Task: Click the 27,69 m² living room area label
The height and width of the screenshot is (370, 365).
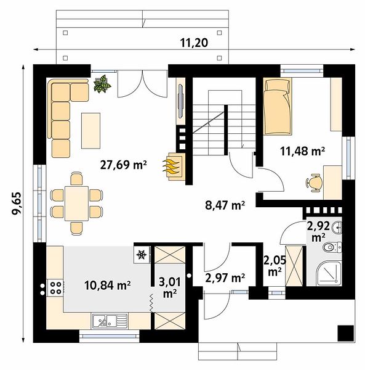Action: pos(123,165)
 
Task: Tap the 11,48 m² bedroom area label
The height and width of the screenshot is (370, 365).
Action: pos(303,151)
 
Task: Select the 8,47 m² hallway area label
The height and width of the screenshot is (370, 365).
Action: pos(225,205)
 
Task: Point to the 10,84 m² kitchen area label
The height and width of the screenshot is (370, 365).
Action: pos(107,286)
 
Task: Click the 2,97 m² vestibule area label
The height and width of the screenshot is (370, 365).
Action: pos(225,277)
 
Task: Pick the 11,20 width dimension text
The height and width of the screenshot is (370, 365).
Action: pos(194,43)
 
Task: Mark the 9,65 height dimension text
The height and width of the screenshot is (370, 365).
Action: pos(17,203)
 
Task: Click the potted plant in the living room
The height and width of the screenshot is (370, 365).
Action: pos(102,83)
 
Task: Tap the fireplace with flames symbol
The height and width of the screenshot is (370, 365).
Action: pos(174,167)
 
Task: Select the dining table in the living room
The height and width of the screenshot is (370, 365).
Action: pos(76,203)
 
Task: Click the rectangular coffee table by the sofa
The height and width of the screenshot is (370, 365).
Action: pos(90,131)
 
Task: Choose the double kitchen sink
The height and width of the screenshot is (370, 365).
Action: pos(110,321)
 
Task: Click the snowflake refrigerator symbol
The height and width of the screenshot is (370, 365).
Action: pos(142,255)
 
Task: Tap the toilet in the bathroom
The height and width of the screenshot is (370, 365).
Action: pos(332,247)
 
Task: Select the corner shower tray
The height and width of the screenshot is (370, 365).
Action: pos(329,273)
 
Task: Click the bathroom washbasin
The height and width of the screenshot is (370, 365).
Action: pos(337,228)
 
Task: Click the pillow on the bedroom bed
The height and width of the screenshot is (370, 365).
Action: pos(277,85)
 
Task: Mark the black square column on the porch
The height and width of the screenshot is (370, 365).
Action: pos(345,333)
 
